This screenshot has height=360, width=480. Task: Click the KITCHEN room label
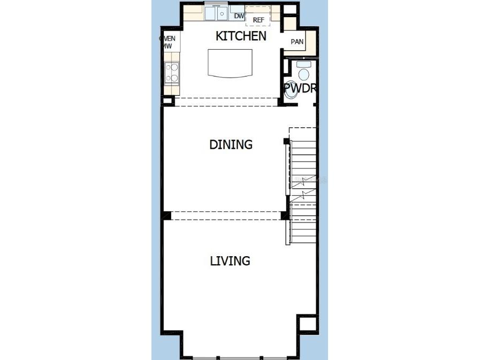coord(240,36)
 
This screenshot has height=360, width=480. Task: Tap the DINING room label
coord(231,144)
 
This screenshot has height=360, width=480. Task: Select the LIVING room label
coord(230,261)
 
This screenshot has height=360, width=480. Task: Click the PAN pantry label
coord(297,42)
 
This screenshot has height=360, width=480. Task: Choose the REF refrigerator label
coord(258,20)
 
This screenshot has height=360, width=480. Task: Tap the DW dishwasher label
coord(239,16)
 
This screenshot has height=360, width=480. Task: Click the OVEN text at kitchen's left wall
coord(167,39)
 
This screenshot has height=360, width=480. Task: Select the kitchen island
coord(230,63)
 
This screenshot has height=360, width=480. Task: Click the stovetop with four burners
coord(172,73)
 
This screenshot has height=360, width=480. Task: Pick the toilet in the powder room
coord(303,74)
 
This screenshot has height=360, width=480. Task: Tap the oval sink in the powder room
coord(291,91)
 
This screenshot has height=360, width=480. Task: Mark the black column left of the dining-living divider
coord(167,216)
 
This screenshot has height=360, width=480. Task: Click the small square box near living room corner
coord(307,323)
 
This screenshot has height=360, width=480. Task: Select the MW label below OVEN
coord(167,47)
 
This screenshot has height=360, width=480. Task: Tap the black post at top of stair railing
coord(286,141)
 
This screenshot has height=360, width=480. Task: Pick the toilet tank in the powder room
coord(303,64)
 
